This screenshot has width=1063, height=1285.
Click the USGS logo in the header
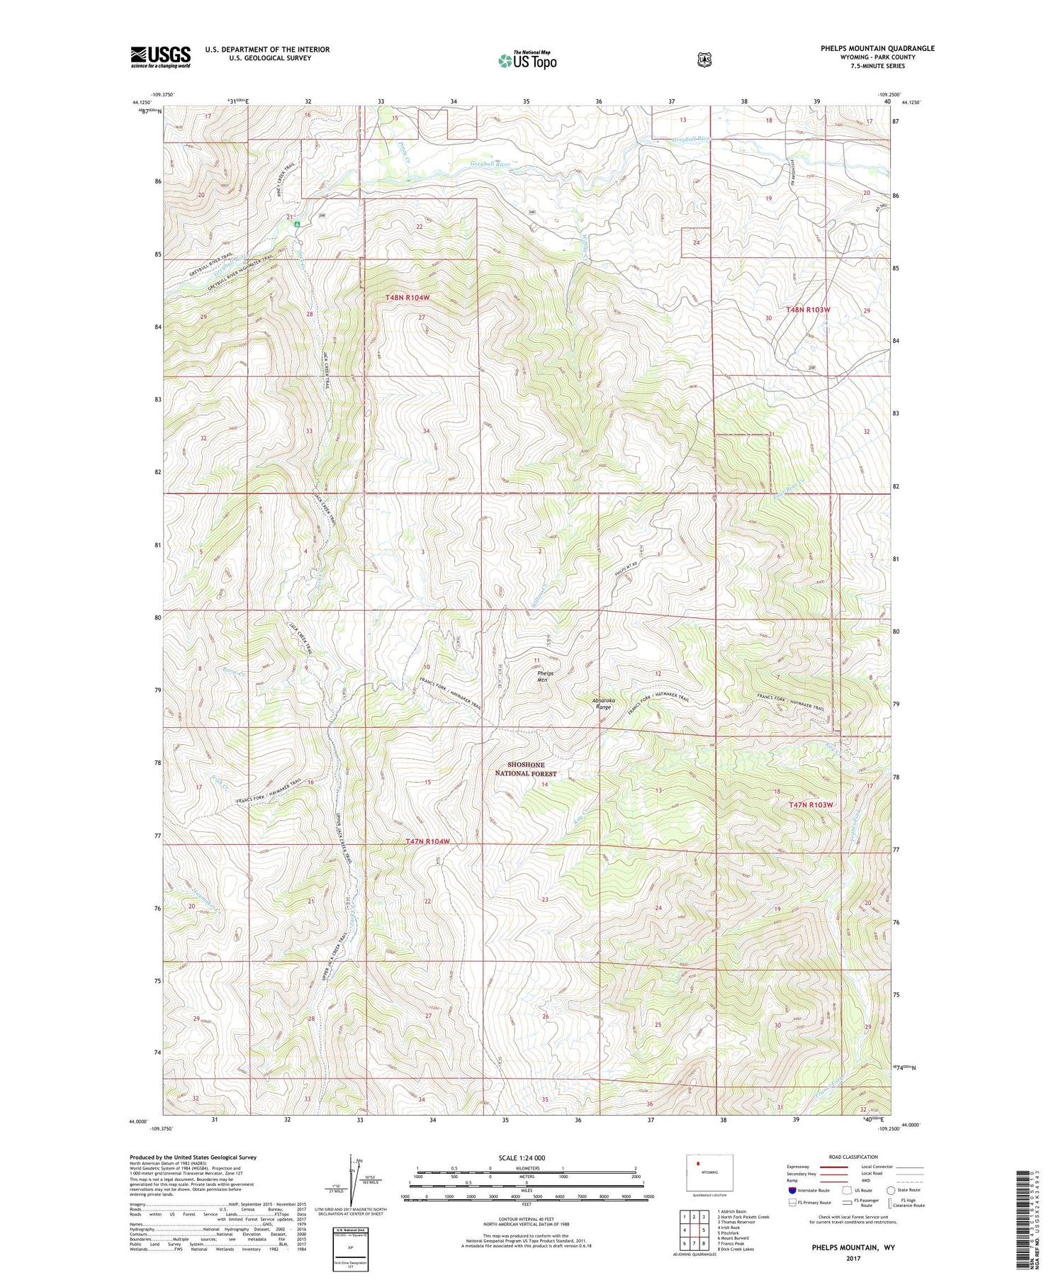tap(160, 57)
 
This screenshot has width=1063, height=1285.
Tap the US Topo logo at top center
tap(527, 60)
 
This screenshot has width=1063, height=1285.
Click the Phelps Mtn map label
tap(544, 676)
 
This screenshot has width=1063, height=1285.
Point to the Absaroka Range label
tap(603, 704)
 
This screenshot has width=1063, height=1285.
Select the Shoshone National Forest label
tap(525, 769)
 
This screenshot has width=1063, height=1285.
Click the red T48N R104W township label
tap(407, 298)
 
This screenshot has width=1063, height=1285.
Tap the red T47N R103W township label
tap(810, 805)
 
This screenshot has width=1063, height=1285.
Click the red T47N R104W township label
tap(428, 841)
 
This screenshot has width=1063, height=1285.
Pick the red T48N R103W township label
tap(808, 310)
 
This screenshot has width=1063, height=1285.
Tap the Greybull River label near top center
tap(490, 164)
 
